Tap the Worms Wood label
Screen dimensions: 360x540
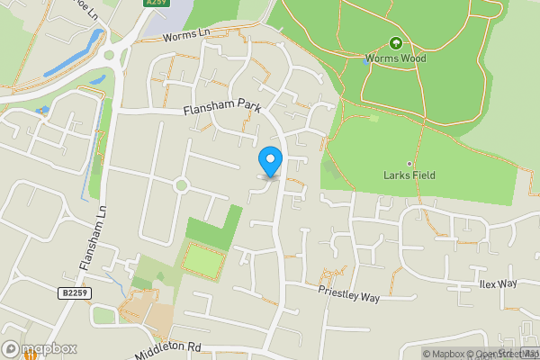[x=395, y=58]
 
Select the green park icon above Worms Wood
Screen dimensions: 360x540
[x=395, y=43]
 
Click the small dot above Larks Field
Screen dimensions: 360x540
[x=409, y=163]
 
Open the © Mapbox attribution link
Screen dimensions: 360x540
[x=445, y=354]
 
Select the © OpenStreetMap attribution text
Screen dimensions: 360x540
[x=504, y=354]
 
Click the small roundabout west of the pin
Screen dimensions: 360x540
[x=181, y=185]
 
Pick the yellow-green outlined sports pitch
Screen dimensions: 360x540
[x=204, y=260]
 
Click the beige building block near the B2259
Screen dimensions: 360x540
[x=159, y=316]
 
